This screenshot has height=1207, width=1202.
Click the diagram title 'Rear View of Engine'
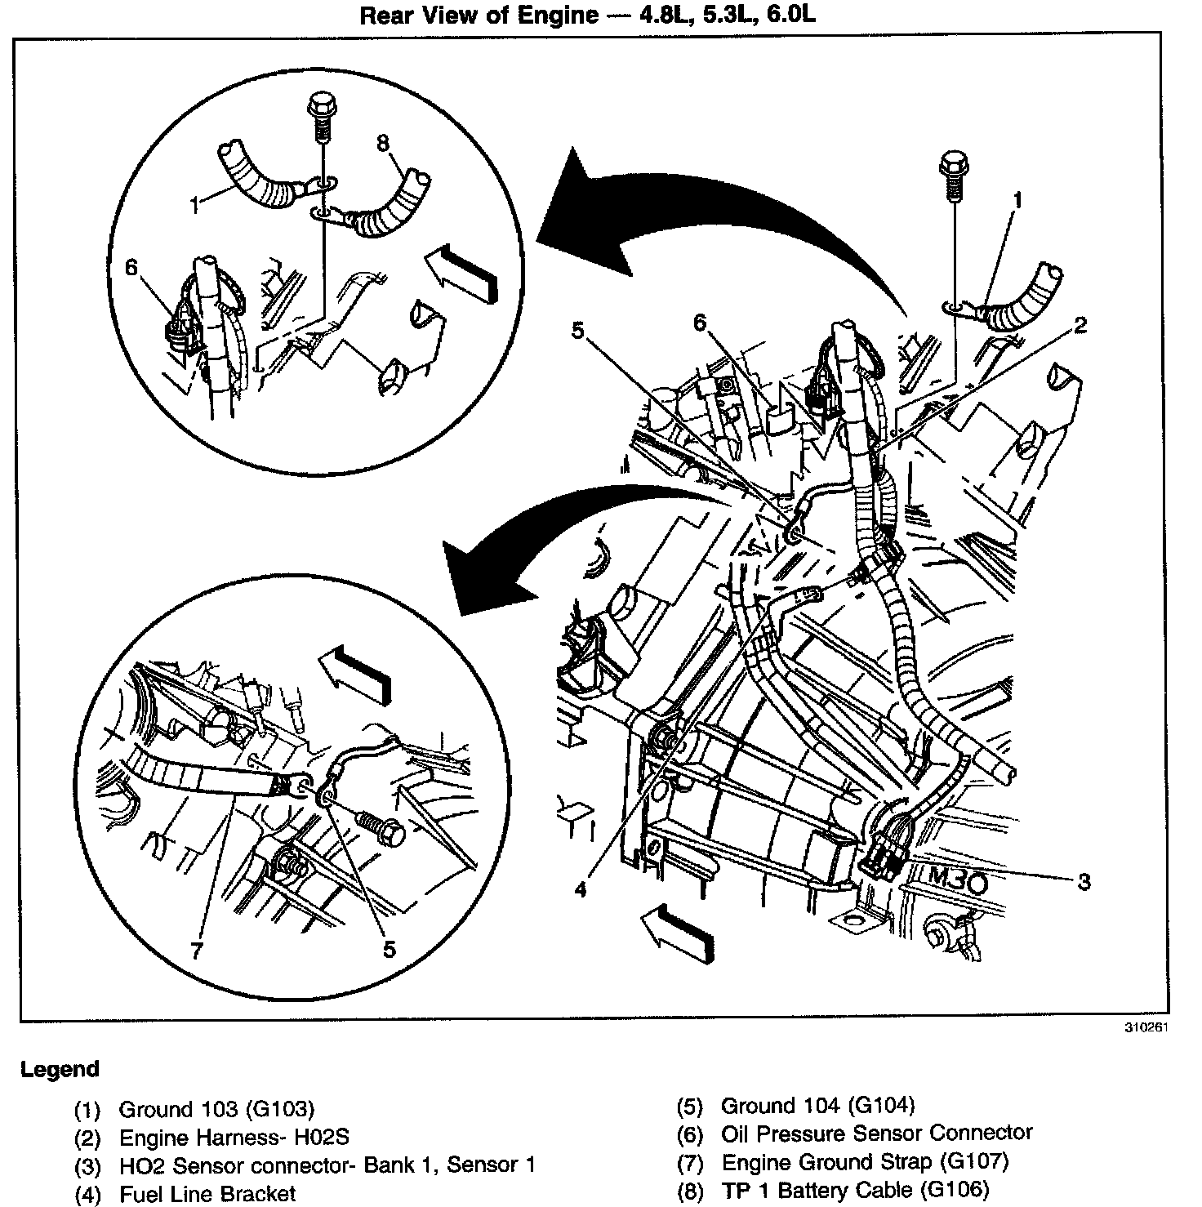[x=480, y=16]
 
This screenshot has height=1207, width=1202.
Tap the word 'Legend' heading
[x=60, y=1069]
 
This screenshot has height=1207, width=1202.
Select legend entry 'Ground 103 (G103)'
[x=216, y=1109]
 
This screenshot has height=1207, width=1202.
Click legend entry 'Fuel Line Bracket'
[x=207, y=1194]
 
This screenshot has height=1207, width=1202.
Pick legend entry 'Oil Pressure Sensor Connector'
[x=876, y=1133]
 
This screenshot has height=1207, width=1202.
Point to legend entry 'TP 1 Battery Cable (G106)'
[x=854, y=1190]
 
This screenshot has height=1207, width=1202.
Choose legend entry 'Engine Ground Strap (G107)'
[x=865, y=1161]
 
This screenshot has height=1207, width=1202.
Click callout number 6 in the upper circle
[x=131, y=267]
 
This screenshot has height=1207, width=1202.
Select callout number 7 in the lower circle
[x=195, y=951]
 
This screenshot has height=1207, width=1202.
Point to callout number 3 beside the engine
[x=1084, y=882]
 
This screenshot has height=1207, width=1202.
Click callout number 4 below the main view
[x=581, y=889]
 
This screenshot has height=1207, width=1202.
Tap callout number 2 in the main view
[x=1080, y=326]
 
